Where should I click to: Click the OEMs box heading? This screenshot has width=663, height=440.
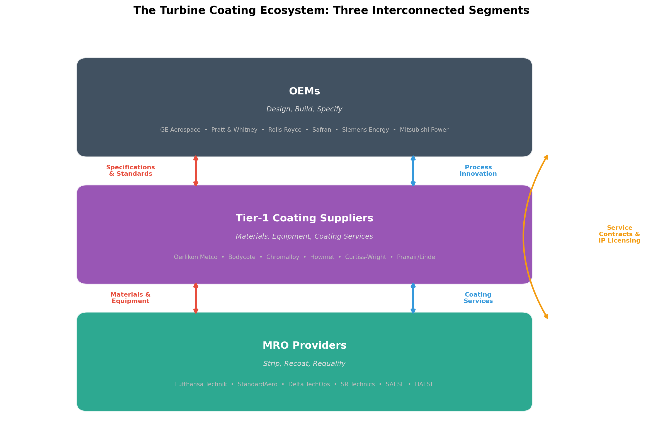304,91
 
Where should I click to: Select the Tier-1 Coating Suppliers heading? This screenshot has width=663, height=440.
304,218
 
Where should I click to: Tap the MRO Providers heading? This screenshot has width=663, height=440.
304,345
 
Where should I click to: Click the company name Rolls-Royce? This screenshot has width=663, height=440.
285,130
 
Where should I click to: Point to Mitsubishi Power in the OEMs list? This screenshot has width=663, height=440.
424,130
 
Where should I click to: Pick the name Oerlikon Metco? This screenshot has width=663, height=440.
195,257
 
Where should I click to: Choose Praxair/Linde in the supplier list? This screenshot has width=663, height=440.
416,257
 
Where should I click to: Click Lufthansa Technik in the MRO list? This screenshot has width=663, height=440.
201,384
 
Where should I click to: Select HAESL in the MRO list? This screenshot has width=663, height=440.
424,384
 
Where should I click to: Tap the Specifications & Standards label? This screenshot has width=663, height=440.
131,171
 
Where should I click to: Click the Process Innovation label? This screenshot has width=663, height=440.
478,171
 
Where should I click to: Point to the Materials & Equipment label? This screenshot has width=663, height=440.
131,298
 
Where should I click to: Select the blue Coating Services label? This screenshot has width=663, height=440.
478,298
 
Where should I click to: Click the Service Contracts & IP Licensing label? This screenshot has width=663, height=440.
620,234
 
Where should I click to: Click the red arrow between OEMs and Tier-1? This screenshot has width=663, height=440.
196,171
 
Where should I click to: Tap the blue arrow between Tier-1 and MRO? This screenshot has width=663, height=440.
413,298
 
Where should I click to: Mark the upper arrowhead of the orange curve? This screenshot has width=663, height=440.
547,157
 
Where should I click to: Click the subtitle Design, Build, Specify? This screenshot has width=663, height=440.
304,109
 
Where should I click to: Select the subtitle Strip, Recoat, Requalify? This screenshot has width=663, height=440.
304,364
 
